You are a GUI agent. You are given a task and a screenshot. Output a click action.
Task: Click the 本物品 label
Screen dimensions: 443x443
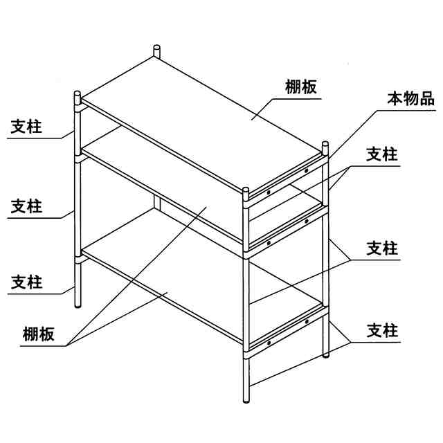410,99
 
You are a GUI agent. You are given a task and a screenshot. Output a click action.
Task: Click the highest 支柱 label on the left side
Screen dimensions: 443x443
26,127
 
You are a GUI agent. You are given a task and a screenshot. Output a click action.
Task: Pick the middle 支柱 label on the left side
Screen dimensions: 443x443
26,206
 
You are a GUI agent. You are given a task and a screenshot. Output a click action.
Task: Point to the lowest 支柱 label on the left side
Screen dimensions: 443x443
26,282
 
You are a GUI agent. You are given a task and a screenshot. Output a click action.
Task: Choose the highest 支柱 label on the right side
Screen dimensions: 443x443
382,154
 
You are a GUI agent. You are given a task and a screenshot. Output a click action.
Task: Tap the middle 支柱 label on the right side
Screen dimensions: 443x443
382,248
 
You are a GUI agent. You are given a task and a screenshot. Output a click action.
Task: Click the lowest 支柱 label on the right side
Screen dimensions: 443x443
382,330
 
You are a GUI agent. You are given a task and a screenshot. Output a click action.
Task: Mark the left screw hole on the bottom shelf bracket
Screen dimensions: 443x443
269,341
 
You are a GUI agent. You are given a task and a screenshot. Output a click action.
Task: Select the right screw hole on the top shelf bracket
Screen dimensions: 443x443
305,170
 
